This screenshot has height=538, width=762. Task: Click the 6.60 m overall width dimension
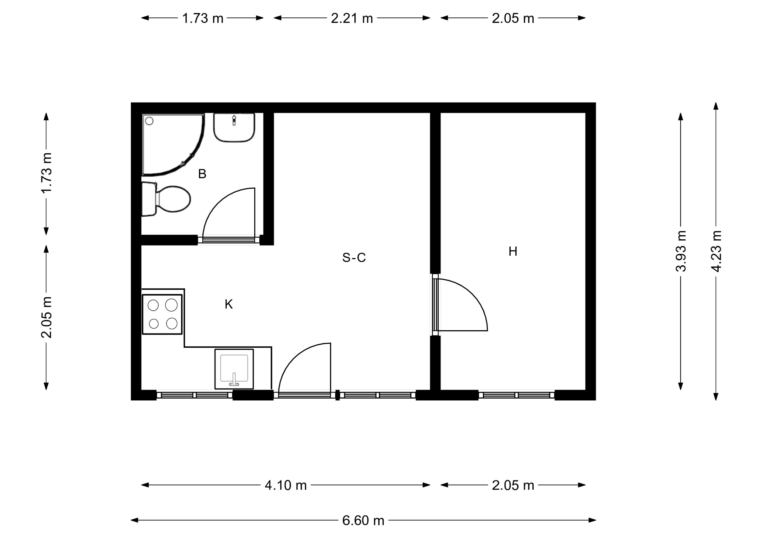[363, 520]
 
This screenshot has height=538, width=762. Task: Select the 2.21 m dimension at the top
[352, 18]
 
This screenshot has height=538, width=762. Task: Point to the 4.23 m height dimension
[716, 251]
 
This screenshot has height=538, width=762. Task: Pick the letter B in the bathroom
[202, 174]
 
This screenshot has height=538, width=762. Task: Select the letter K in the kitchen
[229, 304]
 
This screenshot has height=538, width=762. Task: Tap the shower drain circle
[149, 121]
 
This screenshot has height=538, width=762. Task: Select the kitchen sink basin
[234, 368]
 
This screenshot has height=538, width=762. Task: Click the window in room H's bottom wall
[516, 395]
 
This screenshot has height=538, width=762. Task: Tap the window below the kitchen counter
[194, 395]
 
